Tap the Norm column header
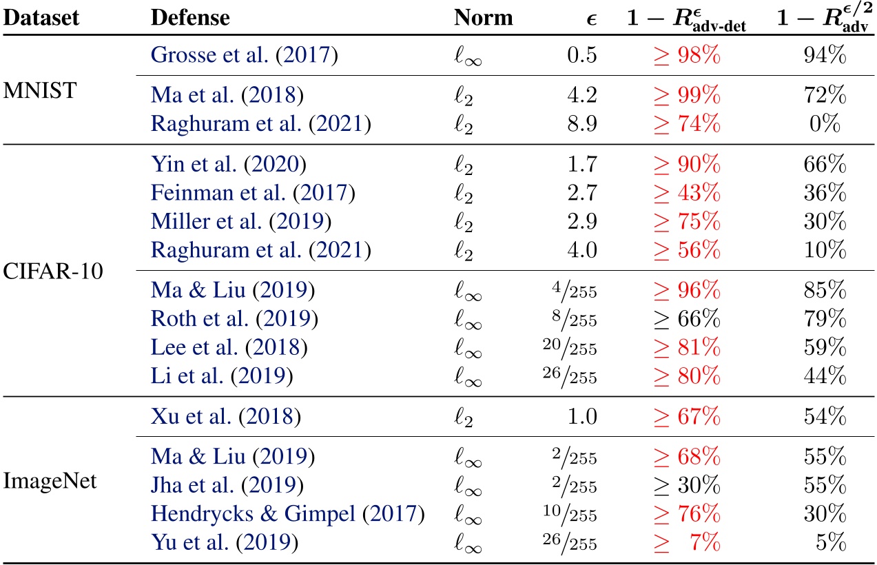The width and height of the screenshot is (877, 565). click(x=484, y=18)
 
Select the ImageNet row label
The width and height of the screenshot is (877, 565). click(x=50, y=481)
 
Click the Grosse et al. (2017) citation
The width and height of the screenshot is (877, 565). click(x=244, y=56)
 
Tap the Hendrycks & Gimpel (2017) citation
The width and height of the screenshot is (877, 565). click(x=287, y=513)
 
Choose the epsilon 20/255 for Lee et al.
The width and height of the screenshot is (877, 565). click(x=568, y=348)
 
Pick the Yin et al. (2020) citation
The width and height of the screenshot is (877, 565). click(x=228, y=165)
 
